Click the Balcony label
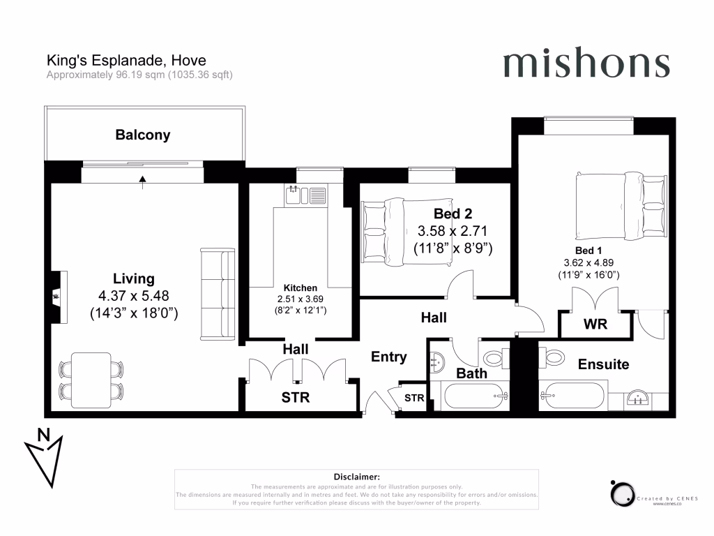(x=143, y=135)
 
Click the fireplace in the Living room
(x=55, y=297)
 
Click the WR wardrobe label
(x=595, y=325)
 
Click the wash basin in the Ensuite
(x=636, y=399)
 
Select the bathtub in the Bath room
(x=473, y=399)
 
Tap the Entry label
(x=388, y=357)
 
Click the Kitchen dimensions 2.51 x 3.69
(x=300, y=299)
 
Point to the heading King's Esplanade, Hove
(x=126, y=61)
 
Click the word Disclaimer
(x=356, y=476)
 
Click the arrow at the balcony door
(x=143, y=181)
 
